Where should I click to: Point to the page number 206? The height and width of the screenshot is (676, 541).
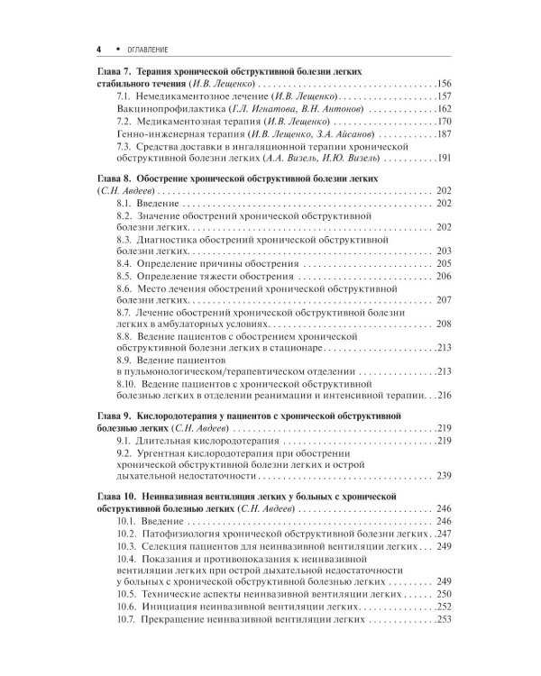click(443, 276)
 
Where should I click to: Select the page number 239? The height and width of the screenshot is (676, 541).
click(443, 476)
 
